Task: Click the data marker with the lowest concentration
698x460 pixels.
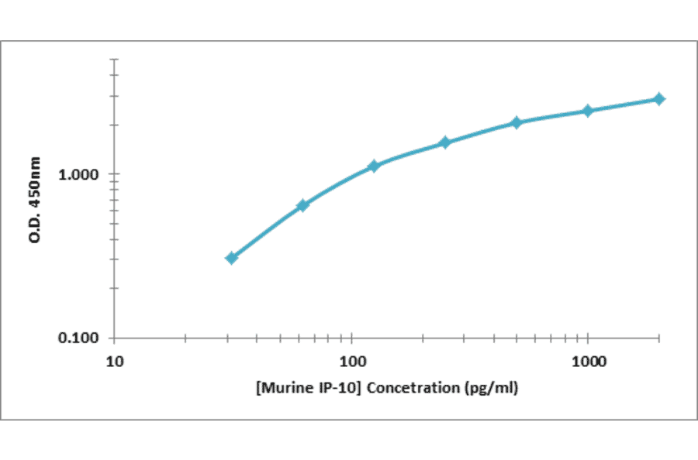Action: coord(231,258)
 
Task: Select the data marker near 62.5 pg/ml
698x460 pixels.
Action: coord(303,205)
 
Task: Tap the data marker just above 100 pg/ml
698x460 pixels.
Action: coord(374,166)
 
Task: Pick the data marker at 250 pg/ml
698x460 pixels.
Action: coord(445,142)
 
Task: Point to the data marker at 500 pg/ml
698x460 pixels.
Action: coord(517,122)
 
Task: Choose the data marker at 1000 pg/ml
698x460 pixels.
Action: coord(588,111)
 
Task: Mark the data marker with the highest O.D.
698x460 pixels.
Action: coord(658,99)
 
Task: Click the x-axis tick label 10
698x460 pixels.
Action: coord(115,362)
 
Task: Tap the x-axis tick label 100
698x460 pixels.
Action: coord(352,362)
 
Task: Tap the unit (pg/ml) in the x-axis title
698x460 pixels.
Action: coord(490,388)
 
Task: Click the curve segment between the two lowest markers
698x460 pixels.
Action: coord(267,232)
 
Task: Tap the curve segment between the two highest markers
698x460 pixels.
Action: coord(624,105)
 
